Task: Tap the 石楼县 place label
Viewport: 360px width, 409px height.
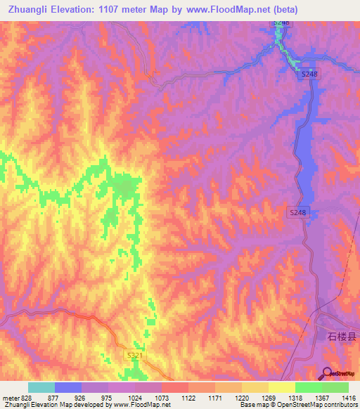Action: click(342, 336)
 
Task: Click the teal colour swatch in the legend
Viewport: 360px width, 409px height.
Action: click(41, 387)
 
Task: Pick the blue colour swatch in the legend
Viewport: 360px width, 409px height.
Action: click(68, 387)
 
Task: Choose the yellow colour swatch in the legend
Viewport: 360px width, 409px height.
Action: click(282, 387)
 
